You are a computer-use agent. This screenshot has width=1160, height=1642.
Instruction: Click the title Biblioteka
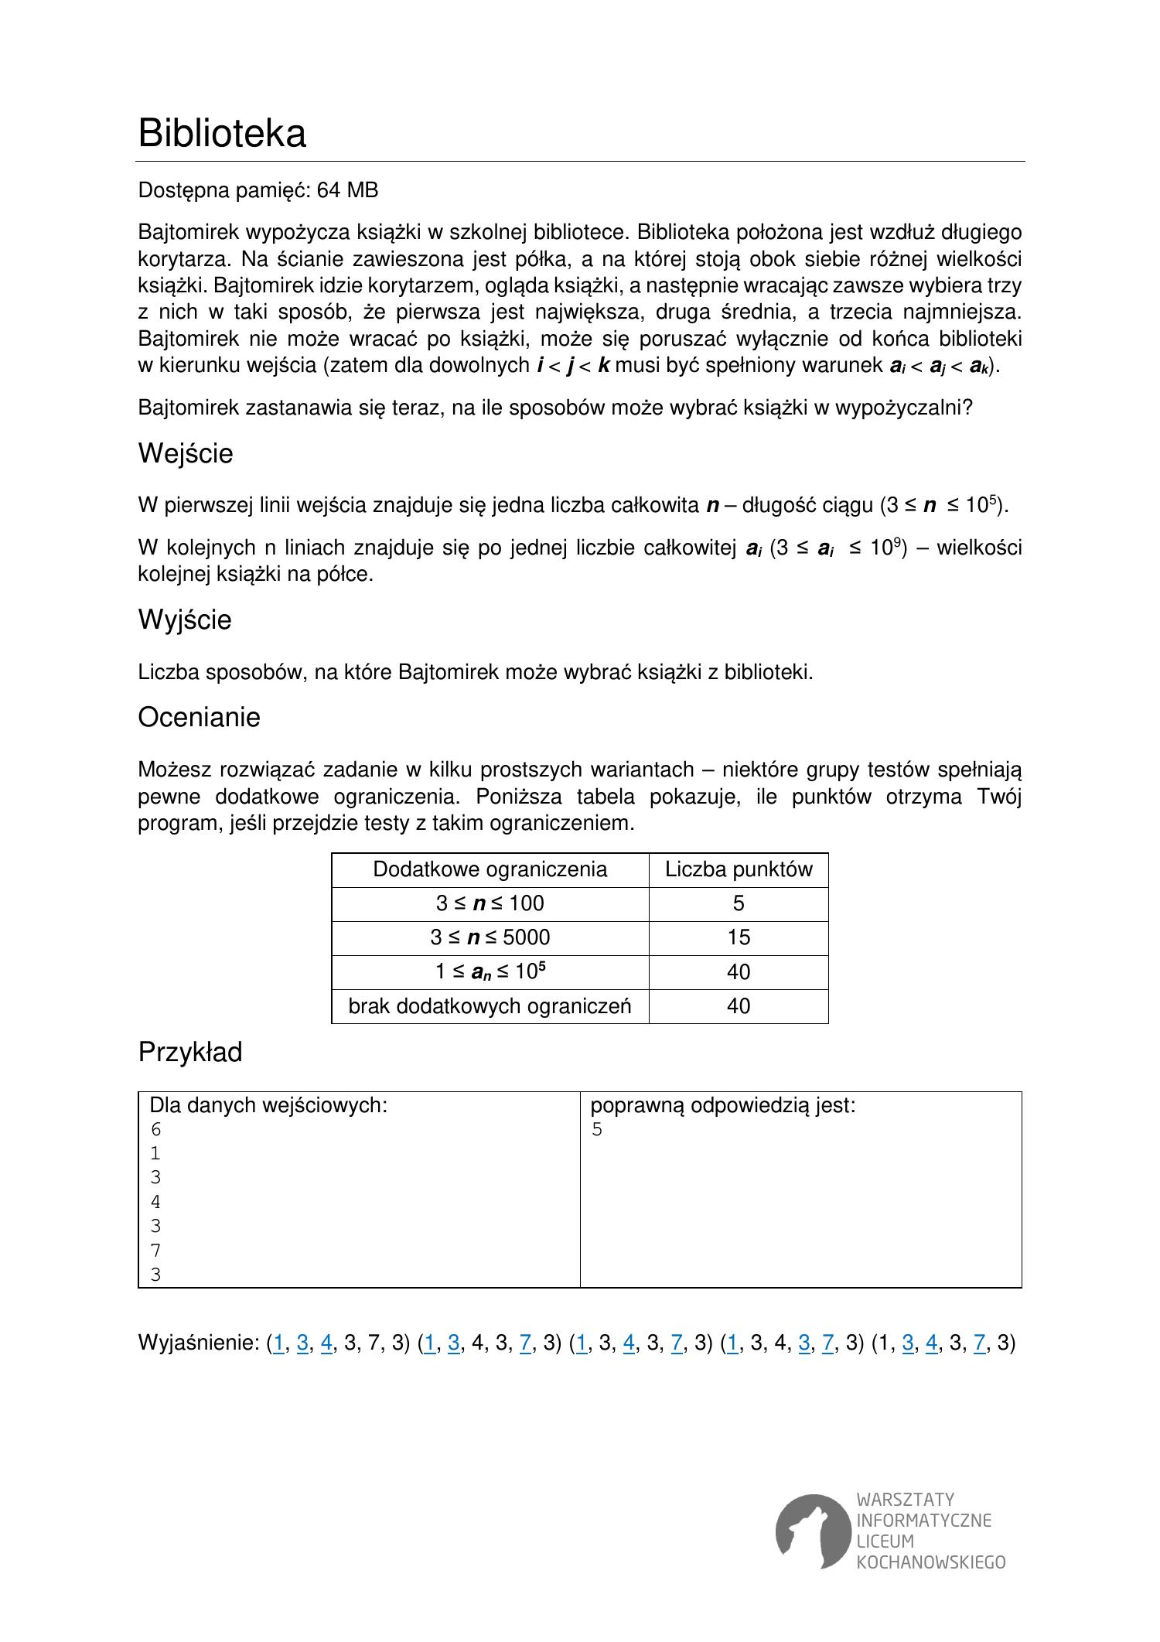pos(222,133)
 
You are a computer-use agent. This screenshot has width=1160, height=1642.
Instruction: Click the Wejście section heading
pos(186,453)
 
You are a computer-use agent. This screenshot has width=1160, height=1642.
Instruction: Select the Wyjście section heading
pos(185,620)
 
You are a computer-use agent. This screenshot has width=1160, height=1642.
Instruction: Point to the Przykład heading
pos(190,1052)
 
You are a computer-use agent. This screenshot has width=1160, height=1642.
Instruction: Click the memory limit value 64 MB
pos(348,190)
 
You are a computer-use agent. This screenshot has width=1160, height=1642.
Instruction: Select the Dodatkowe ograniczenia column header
pos(490,869)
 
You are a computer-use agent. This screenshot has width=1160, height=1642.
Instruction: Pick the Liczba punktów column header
pos(739,869)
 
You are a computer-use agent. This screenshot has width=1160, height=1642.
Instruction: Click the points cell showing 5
pos(739,903)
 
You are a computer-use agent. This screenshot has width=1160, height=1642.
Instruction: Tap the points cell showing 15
pos(739,937)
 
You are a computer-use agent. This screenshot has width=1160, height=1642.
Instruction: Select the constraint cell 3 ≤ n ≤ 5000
pos(490,937)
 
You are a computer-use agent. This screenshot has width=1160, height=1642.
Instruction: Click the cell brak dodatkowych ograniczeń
pos(490,1006)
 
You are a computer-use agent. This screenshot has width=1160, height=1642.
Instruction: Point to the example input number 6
pos(155,1130)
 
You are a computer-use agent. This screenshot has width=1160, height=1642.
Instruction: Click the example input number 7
pos(155,1251)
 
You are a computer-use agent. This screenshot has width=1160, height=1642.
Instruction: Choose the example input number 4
pos(155,1203)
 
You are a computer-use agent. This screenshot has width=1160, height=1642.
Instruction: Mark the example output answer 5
pos(597,1130)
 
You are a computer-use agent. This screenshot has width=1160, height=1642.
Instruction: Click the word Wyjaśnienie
pos(198,1342)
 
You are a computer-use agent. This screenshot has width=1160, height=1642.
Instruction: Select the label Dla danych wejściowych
pos(268,1105)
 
